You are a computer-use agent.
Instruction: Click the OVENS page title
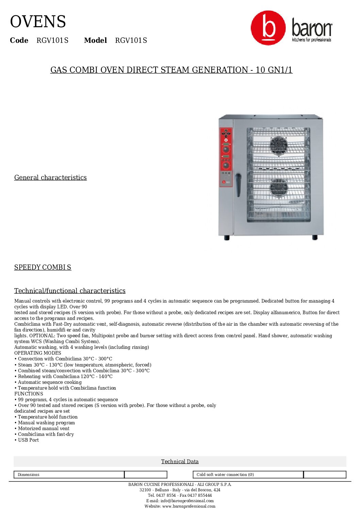pyautogui.click(x=38, y=22)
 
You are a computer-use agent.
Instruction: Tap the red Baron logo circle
pyautogui.click(x=268, y=28)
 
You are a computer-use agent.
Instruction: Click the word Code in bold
pyautogui.click(x=19, y=40)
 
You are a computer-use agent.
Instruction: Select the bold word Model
pyautogui.click(x=95, y=40)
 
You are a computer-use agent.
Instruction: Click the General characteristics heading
pyautogui.click(x=50, y=177)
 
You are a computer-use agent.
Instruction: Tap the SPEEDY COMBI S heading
pyautogui.click(x=43, y=267)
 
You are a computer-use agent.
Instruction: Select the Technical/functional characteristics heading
pyautogui.click(x=70, y=291)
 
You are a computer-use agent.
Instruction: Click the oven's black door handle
pyautogui.click(x=238, y=185)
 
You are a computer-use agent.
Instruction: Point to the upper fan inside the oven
pyautogui.click(x=279, y=145)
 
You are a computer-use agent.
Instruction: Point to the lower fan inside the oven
pyautogui.click(x=279, y=188)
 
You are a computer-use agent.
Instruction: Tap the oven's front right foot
pyautogui.click(x=315, y=237)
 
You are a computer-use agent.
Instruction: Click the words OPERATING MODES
pyautogui.click(x=38, y=353)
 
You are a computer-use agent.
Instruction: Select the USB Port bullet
pyautogui.click(x=29, y=440)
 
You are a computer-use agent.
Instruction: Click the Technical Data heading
pyautogui.click(x=180, y=461)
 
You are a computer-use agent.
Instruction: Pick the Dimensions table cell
pyautogui.click(x=69, y=475)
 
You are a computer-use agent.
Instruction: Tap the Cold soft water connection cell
pyautogui.click(x=248, y=475)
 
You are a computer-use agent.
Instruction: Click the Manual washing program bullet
pyautogui.click(x=46, y=423)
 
